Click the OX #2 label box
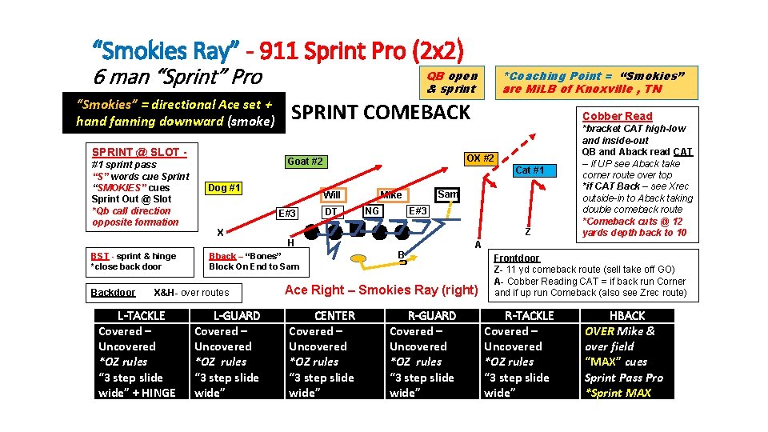coord(479,158)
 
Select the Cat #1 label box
coord(530,170)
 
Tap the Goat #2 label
coord(306,162)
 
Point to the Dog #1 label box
coord(225,188)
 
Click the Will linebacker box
coord(332,195)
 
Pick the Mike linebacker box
coord(391,194)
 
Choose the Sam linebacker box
coord(447,194)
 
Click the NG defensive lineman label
coord(371,210)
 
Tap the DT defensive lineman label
coord(329,212)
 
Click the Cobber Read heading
coord(617,116)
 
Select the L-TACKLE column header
coord(142,316)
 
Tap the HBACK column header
coord(626,316)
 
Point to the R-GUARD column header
coord(432,316)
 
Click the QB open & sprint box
coord(452,82)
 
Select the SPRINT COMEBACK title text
coord(381,112)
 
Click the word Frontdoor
coord(516,258)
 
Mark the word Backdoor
coord(113,293)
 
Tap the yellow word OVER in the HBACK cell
coord(599,331)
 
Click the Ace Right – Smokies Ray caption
coord(381,290)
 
